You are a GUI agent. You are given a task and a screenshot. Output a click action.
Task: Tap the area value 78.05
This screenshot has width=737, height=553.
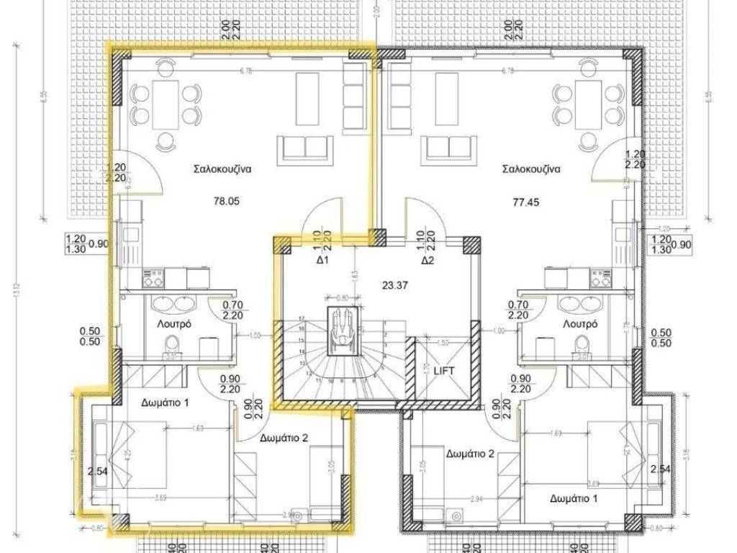(x=226, y=202)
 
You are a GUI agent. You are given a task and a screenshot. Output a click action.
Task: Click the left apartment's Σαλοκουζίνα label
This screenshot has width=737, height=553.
(x=222, y=171)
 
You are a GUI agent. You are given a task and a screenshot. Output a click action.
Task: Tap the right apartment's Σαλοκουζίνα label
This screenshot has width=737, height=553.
(x=531, y=170)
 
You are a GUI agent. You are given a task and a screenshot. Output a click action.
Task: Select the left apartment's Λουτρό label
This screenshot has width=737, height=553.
(x=173, y=324)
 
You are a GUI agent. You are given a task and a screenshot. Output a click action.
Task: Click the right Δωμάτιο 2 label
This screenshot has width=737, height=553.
(x=470, y=454)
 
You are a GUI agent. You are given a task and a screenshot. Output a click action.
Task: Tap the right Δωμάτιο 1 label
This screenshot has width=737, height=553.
(x=574, y=498)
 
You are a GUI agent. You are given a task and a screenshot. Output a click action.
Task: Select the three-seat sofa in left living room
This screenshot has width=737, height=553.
(x=305, y=148)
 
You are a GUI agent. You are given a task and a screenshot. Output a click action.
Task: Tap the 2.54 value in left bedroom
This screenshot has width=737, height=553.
(x=97, y=472)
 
